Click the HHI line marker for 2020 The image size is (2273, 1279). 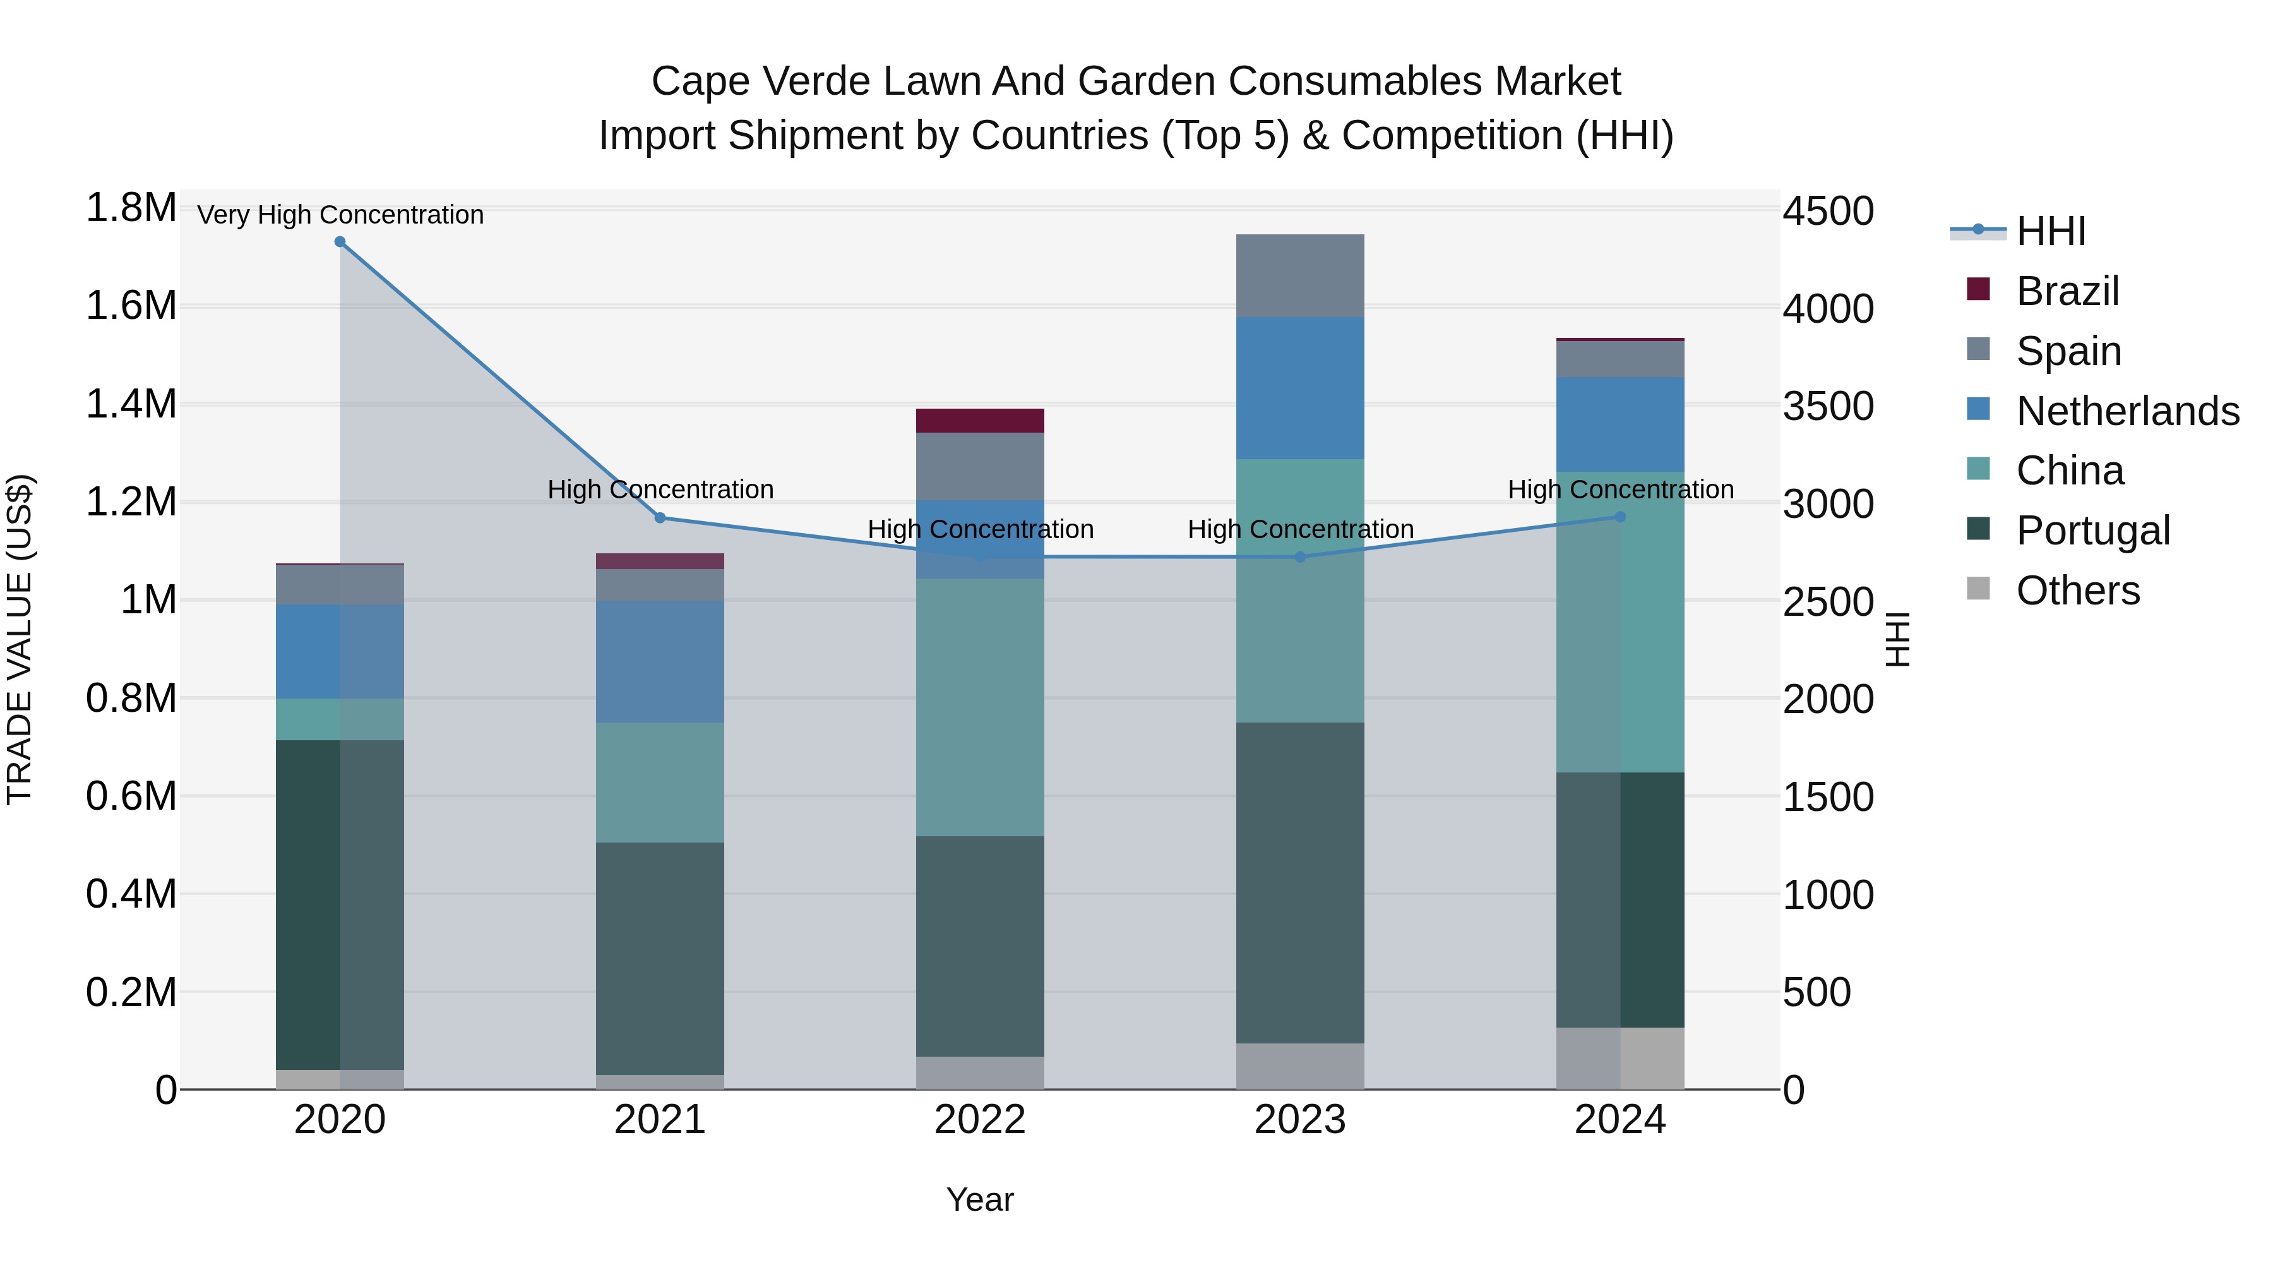coord(340,242)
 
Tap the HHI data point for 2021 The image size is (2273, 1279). coord(660,518)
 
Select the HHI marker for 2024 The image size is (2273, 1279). coord(1620,517)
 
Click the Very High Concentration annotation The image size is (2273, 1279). coord(340,215)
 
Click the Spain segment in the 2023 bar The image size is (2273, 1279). coord(1300,276)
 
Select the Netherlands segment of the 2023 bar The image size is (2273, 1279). coord(1300,388)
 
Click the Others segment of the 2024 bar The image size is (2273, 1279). coord(1620,1059)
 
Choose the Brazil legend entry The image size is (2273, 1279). coord(2067,291)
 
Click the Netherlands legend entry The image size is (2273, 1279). coord(2127,411)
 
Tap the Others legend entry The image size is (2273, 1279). coord(2077,591)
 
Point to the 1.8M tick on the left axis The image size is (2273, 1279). coord(131,208)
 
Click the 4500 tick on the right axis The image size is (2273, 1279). coord(1827,212)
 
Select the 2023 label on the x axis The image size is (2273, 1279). coord(1300,1120)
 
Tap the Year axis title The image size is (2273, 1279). coord(979,1199)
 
